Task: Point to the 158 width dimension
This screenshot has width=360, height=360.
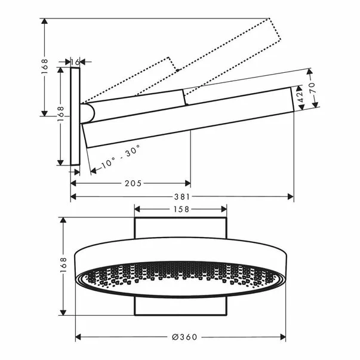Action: tap(180, 209)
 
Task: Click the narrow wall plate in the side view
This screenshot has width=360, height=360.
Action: tap(75, 116)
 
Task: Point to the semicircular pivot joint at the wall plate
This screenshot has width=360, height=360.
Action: tap(88, 113)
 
